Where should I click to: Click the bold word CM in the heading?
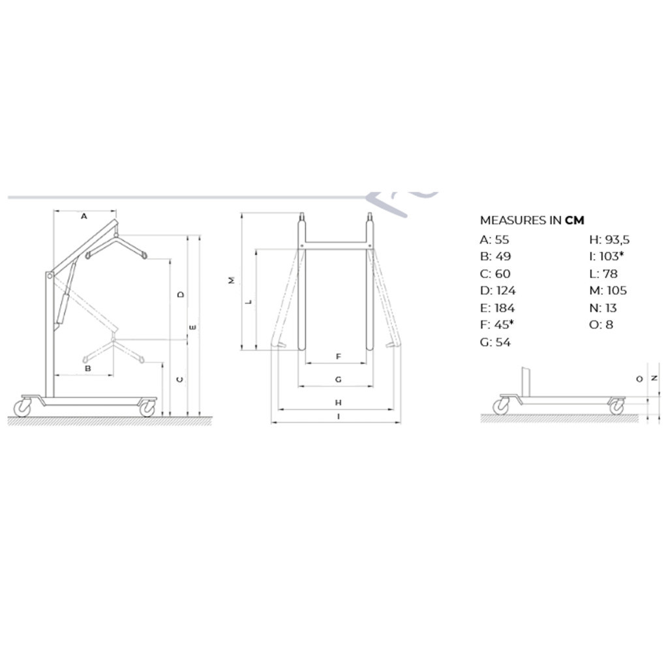pyautogui.click(x=574, y=220)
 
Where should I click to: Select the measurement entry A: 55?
pyautogui.click(x=494, y=240)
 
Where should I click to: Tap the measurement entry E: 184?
pyautogui.click(x=497, y=308)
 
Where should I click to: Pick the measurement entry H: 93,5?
pyautogui.click(x=609, y=240)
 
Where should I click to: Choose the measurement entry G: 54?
pyautogui.click(x=495, y=342)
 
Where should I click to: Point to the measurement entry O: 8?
pyautogui.click(x=601, y=325)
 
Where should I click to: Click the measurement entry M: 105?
pyautogui.click(x=608, y=290)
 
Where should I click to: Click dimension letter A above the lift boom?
pyautogui.click(x=84, y=217)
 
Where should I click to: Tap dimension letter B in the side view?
pyautogui.click(x=88, y=368)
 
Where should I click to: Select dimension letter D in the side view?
pyautogui.click(x=181, y=294)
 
